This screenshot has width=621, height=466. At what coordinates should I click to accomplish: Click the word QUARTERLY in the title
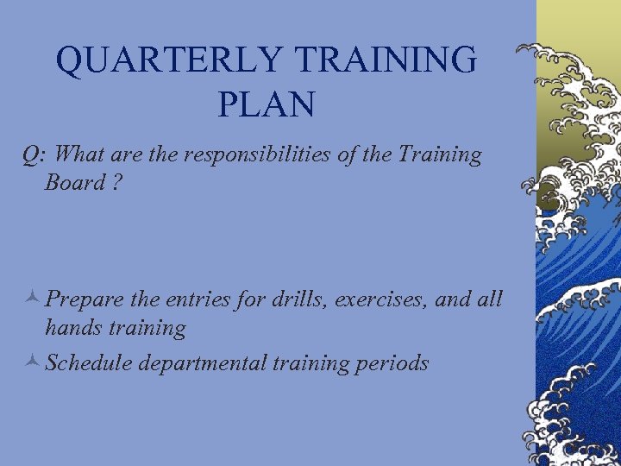coord(168,60)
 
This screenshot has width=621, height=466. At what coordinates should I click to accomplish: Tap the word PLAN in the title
coord(267,104)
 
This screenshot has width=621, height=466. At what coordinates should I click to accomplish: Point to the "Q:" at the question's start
coord(35,155)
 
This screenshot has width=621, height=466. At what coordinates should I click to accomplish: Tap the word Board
coord(75,183)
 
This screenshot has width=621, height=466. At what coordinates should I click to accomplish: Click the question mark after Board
coord(116,183)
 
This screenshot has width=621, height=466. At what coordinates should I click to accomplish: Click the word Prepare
coord(84,300)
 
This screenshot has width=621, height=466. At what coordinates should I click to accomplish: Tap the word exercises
coord(389,300)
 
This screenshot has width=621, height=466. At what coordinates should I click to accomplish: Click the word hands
coord(75,328)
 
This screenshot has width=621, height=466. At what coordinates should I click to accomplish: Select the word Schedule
coord(89,363)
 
